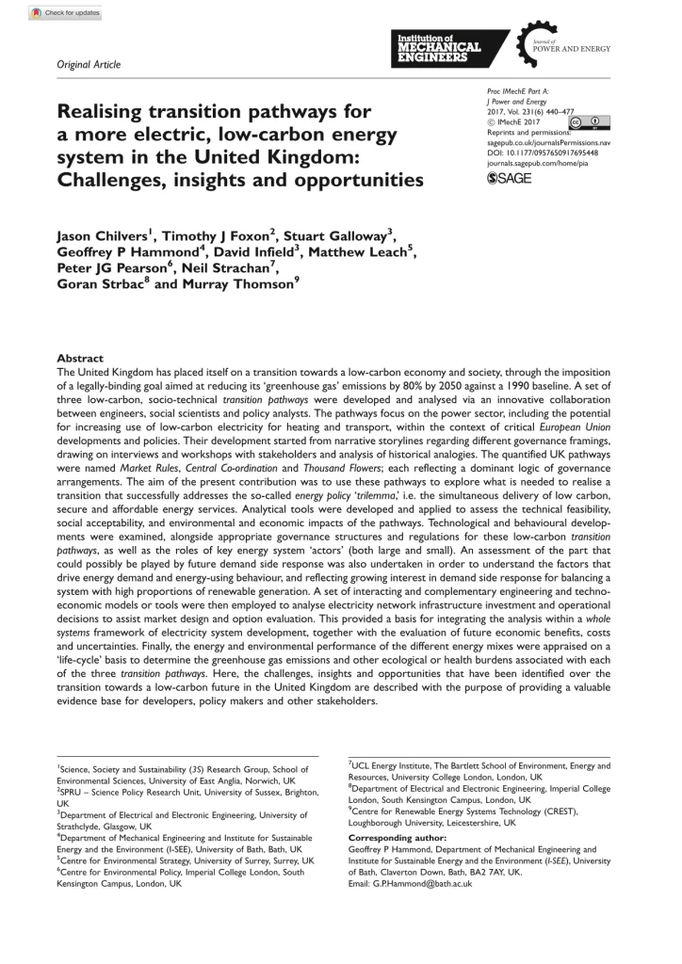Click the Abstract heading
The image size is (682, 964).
[80, 358]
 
